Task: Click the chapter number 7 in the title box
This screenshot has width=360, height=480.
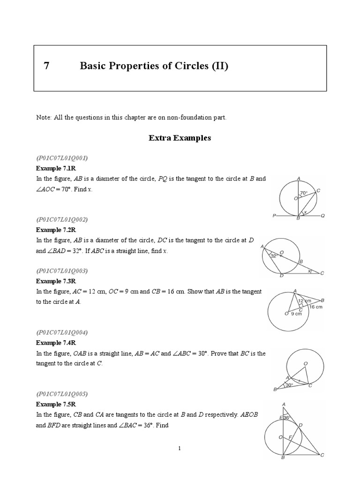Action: [x=46, y=66]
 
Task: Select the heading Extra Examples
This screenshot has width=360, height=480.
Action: [x=180, y=138]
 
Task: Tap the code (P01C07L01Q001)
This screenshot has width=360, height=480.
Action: [x=62, y=158]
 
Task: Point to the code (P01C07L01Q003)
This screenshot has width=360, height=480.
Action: [x=62, y=271]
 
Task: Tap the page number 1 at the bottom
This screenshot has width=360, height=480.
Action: [x=180, y=449]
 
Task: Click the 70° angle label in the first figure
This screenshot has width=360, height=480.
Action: [x=304, y=193]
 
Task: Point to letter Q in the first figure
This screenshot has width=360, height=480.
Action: [x=323, y=216]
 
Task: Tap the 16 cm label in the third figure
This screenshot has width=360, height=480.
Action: [x=315, y=307]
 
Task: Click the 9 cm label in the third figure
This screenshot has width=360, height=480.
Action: [x=297, y=315]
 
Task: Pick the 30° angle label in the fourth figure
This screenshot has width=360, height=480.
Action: [x=289, y=385]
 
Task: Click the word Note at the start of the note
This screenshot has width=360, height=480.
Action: [x=44, y=117]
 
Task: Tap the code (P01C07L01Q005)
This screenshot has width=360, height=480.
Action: [x=62, y=393]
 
